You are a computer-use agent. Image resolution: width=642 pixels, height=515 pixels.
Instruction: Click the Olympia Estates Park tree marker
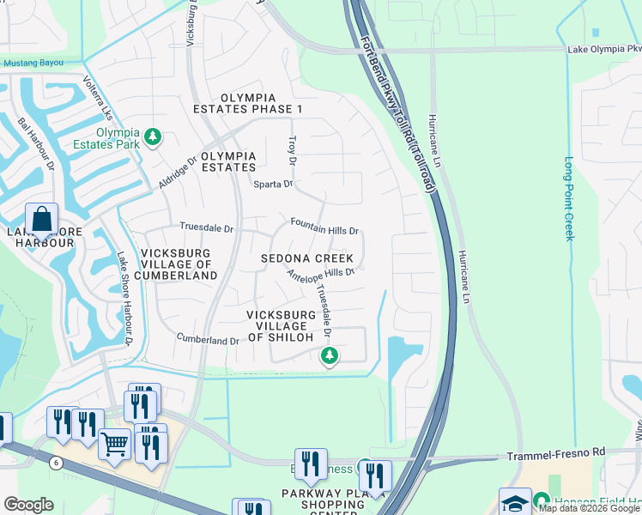pos(153,136)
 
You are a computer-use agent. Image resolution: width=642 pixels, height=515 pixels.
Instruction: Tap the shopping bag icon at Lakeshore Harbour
pos(41,221)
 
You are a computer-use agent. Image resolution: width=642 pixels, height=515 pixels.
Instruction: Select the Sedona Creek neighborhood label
pos(307,258)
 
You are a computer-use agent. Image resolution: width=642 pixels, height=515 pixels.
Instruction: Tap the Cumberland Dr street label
pos(207,340)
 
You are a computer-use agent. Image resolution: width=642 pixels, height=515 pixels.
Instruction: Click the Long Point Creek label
pos(568,198)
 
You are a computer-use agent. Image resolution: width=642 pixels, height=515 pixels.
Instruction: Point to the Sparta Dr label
pos(272,184)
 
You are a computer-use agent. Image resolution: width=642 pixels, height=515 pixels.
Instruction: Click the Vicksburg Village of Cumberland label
pos(179,264)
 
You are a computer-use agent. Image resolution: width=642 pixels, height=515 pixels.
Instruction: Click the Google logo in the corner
pos(28,505)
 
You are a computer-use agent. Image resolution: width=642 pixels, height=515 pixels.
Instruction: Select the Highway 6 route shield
pos(57,463)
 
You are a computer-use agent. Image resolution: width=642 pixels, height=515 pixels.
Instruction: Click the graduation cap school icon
pos(515,502)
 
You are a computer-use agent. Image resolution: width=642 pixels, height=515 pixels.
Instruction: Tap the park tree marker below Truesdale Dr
pos(327,355)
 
